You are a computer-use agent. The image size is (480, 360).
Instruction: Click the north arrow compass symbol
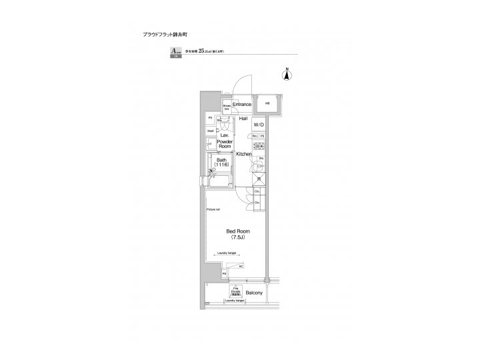(287, 75)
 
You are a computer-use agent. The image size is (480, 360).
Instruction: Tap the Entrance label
(241, 105)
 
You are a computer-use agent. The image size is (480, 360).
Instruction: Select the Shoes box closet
(227, 106)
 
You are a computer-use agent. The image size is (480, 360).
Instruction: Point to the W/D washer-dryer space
(259, 124)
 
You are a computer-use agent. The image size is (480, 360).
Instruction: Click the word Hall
(243, 118)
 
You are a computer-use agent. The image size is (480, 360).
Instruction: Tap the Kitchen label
(243, 154)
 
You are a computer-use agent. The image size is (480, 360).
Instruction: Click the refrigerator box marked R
(259, 179)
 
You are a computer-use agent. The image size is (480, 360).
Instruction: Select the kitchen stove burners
(259, 147)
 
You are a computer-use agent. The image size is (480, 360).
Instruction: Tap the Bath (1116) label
(221, 162)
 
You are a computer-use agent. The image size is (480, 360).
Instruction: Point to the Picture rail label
(213, 209)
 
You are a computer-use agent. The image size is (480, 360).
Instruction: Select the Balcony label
(253, 293)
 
